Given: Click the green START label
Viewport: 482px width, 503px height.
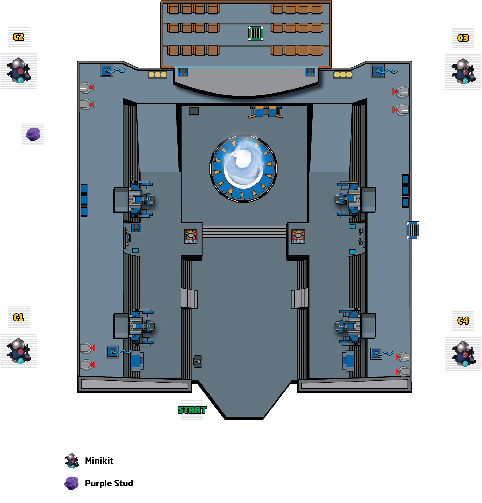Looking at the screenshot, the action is (192, 410).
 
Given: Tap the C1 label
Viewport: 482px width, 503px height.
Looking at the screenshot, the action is (18, 317).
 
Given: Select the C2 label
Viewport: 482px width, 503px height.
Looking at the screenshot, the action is (18, 37).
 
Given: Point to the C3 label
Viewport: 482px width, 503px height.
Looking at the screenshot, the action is (463, 38).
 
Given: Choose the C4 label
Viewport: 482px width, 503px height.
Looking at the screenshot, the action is (463, 321).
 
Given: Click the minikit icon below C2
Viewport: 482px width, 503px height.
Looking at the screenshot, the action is (19, 70).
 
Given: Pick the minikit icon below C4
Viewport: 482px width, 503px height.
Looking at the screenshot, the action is (464, 354).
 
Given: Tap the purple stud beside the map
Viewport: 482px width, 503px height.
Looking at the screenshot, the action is (33, 134).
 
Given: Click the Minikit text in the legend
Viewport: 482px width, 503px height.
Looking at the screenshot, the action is (99, 461).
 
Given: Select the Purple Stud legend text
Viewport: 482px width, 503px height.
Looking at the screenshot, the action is (109, 483).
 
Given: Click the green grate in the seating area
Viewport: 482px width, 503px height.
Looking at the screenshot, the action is (256, 33).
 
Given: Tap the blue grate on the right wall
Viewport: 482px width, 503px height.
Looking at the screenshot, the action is (413, 230).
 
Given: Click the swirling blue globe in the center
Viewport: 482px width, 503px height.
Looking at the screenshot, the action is (243, 168).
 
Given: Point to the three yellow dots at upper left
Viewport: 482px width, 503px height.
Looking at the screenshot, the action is (157, 75).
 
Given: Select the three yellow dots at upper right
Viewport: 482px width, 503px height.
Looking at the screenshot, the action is (343, 75).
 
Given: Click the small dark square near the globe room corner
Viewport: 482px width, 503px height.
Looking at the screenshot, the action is (194, 111).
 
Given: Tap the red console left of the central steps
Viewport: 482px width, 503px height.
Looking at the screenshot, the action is (191, 236).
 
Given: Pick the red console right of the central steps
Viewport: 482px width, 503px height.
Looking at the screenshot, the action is (298, 236).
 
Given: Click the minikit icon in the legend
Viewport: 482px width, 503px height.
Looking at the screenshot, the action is (72, 461).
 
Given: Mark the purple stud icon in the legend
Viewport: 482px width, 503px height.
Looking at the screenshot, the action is (72, 483).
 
